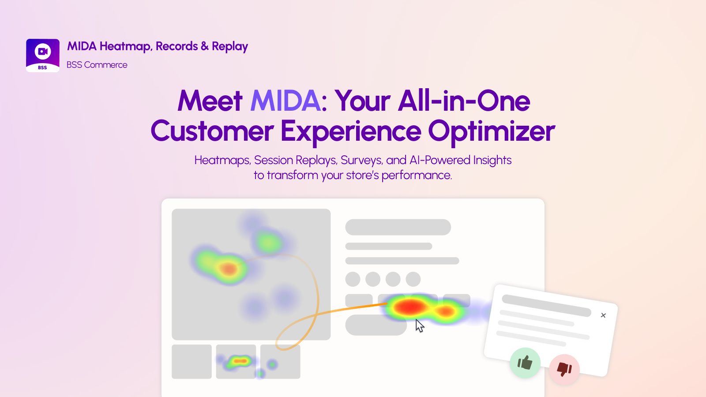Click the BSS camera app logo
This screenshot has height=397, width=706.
[x=42, y=56]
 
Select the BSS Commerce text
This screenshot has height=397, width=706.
[x=97, y=65]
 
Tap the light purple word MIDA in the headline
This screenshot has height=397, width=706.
[x=285, y=101]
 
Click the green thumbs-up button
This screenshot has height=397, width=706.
[x=525, y=363]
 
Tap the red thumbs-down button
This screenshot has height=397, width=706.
[x=564, y=369]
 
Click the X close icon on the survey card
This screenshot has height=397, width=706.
[x=603, y=315]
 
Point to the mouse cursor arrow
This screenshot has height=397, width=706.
[x=420, y=326]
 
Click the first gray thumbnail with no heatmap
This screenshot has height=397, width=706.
[x=192, y=361]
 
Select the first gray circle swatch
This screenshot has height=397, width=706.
[x=353, y=279]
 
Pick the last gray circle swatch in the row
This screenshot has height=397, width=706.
[x=413, y=279]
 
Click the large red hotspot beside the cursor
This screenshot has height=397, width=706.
[x=409, y=307]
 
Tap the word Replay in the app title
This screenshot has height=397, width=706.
[x=230, y=47]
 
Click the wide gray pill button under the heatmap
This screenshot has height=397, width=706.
[x=376, y=325]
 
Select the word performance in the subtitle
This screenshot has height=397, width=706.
[x=417, y=176]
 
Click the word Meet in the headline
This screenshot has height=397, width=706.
[x=210, y=101]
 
